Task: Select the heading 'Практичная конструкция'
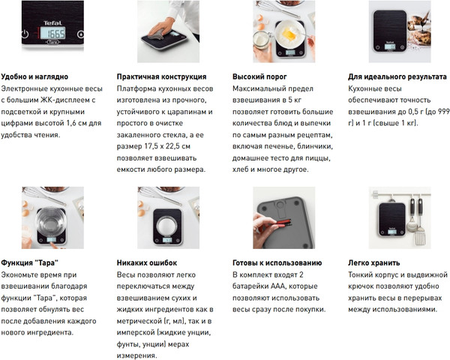click(x=160, y=76)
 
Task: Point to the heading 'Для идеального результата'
click(x=398, y=76)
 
